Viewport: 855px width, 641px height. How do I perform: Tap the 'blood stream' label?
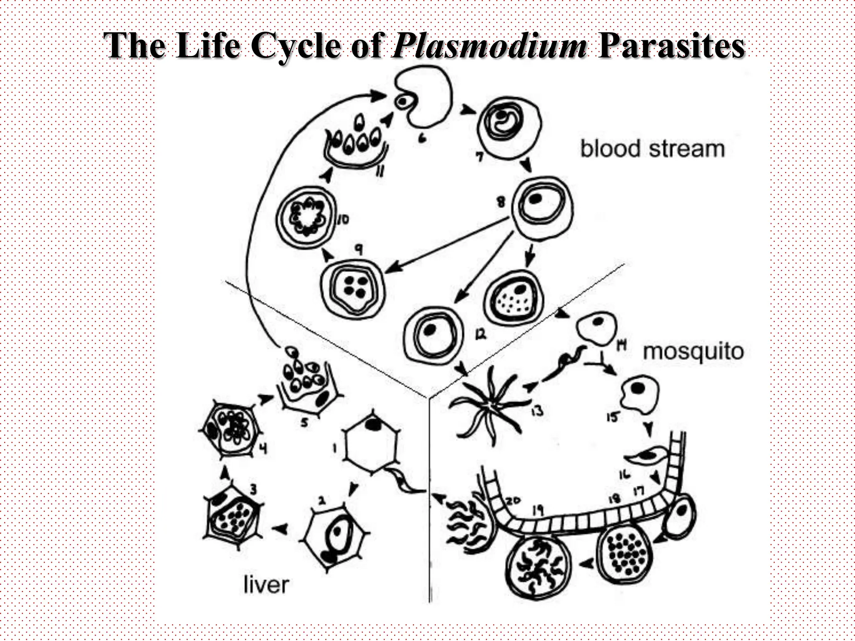pos(652,149)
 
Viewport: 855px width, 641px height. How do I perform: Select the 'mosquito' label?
pos(693,351)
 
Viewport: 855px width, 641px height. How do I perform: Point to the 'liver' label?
pos(266,585)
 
